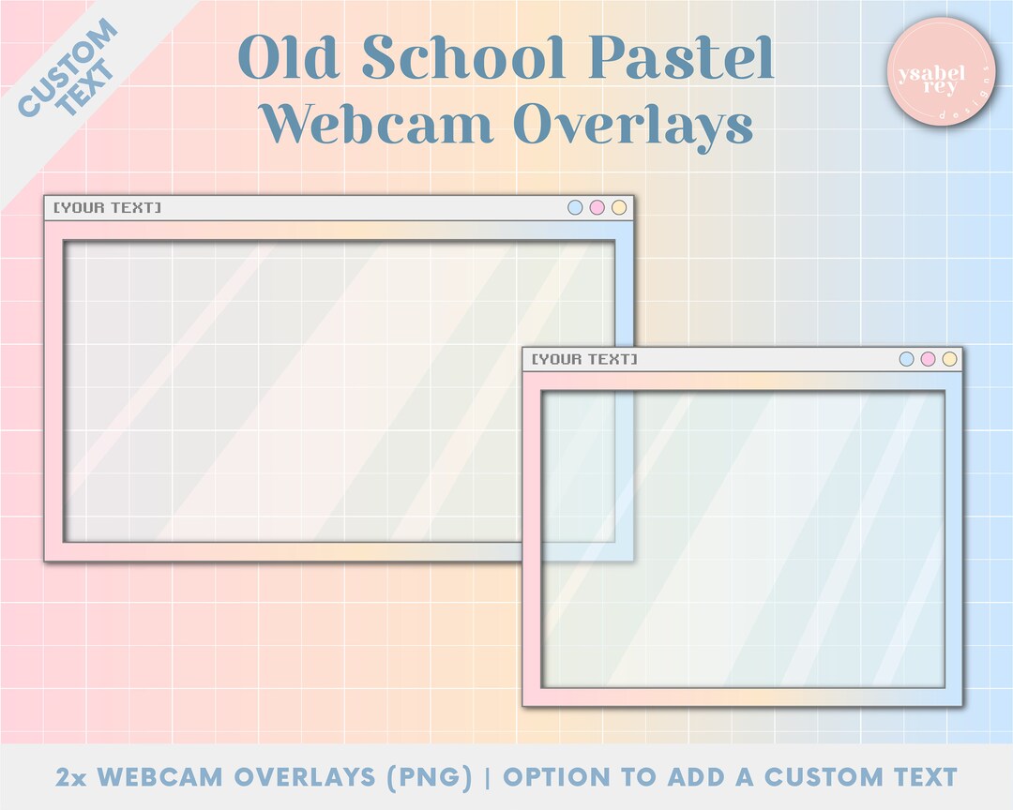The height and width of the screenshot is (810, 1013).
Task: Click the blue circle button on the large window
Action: (x=575, y=207)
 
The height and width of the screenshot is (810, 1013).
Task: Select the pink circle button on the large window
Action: (x=597, y=207)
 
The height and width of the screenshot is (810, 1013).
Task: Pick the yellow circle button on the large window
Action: (x=618, y=207)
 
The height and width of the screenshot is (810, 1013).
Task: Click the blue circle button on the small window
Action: (x=906, y=359)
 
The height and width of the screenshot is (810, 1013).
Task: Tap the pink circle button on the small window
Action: (x=928, y=359)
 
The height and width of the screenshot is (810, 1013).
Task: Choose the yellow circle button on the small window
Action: (x=949, y=359)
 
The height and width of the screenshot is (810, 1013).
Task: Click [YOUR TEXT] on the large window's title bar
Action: (x=107, y=207)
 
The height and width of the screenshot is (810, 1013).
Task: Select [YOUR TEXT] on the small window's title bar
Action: (x=584, y=359)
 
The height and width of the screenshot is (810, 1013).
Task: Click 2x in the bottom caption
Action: (x=72, y=777)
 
